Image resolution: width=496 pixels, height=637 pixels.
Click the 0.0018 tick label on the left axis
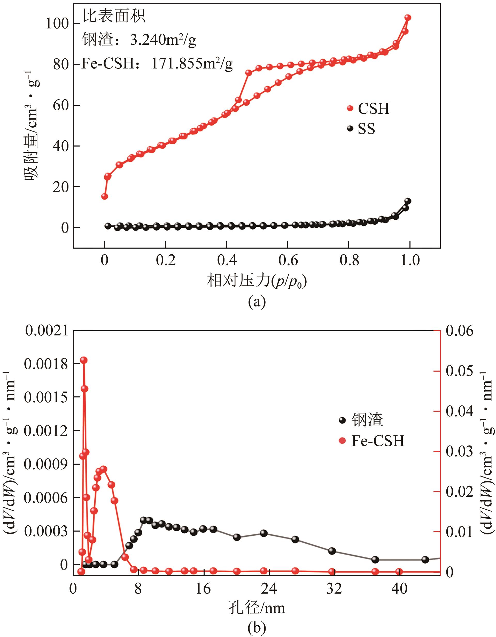click(x=46, y=364)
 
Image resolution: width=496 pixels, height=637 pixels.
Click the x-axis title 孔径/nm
click(x=257, y=608)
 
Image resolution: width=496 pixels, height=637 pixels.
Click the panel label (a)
click(x=257, y=302)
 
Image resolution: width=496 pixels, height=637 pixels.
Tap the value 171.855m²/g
click(x=192, y=64)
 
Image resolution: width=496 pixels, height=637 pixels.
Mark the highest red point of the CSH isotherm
click(x=408, y=18)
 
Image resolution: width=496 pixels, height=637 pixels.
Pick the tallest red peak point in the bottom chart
click(x=84, y=360)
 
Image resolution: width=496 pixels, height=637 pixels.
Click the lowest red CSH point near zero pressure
click(x=104, y=196)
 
